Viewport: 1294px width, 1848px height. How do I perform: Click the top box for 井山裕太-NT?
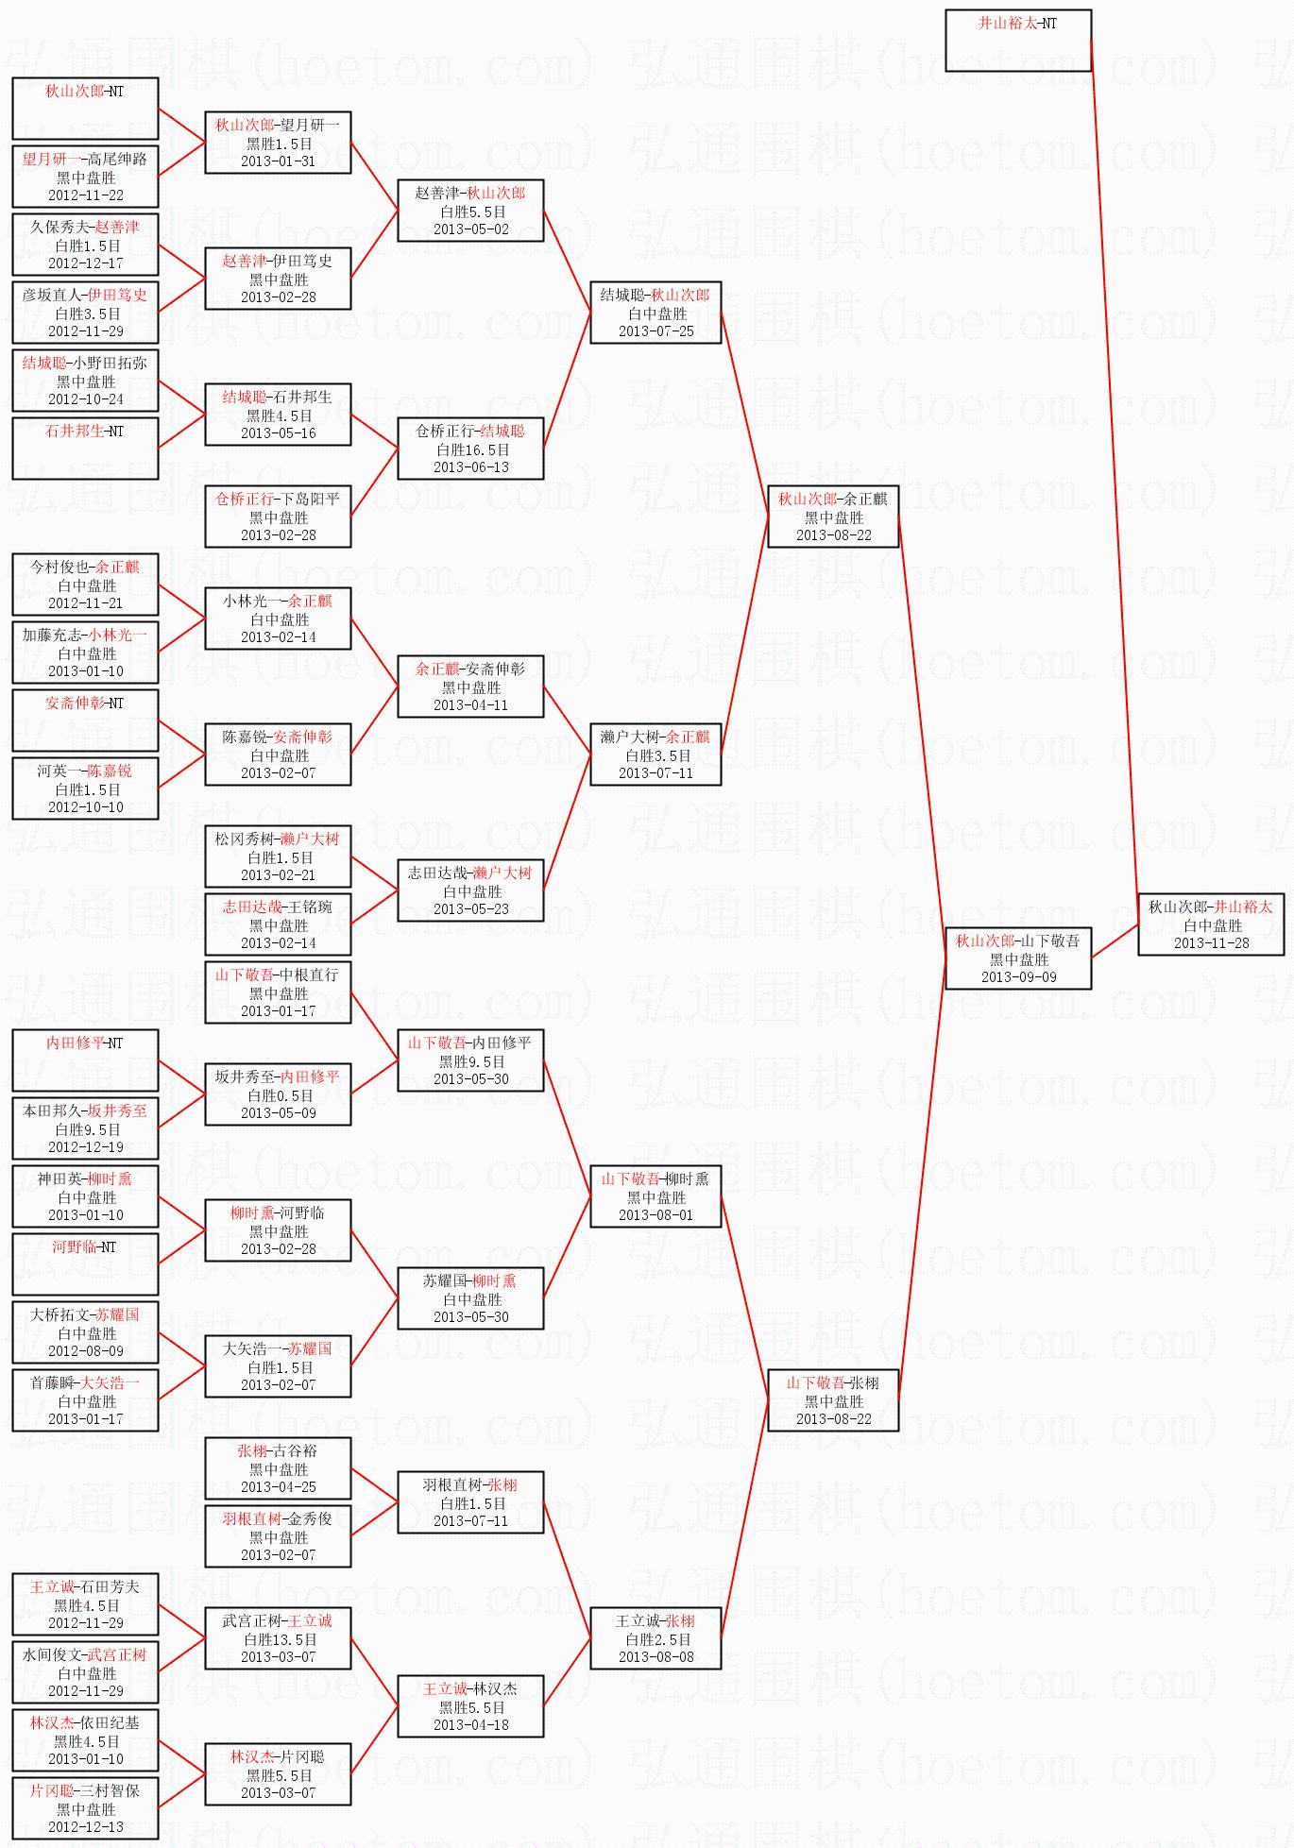[1018, 41]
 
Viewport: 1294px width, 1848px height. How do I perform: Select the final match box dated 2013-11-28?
[1211, 924]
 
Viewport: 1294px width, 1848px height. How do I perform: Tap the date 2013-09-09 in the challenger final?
[1018, 977]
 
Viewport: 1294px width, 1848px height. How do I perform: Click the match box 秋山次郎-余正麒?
[832, 517]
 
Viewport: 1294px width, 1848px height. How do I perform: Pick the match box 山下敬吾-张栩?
[832, 1400]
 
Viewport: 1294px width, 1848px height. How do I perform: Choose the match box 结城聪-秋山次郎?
[656, 313]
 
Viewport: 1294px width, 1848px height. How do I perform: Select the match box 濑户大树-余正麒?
[656, 754]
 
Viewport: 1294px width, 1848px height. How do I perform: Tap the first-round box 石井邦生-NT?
[85, 449]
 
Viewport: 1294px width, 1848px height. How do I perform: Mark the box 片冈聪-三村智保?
[85, 1808]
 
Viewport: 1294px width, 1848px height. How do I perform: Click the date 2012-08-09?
[85, 1351]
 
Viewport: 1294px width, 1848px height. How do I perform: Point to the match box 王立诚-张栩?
[656, 1638]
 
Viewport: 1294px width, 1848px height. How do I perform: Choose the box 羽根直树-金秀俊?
[278, 1536]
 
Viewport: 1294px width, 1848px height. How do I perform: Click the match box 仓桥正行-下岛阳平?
[278, 517]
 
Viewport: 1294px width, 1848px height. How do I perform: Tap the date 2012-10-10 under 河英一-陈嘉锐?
[85, 807]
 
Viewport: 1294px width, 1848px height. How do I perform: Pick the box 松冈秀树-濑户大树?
[278, 856]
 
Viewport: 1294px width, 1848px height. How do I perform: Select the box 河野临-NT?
[85, 1264]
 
